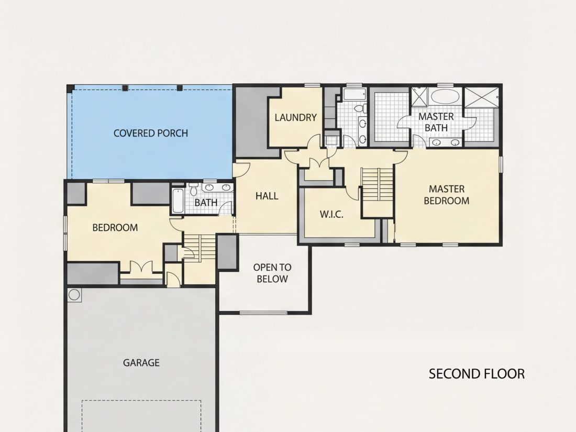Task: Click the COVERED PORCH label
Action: coord(151,133)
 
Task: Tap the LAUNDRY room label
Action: coord(296,117)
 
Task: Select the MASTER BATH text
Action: coord(436,122)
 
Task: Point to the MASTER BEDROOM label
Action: coord(447,195)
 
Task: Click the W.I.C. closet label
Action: coord(331,214)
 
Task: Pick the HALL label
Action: coord(267,196)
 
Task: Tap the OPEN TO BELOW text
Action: coord(272,273)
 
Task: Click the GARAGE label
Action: coord(141,362)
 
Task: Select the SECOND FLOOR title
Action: coord(477,374)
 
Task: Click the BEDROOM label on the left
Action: coord(115,228)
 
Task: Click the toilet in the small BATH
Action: coord(194,190)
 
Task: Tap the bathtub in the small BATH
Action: coord(178,201)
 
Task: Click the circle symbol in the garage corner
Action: coord(74,295)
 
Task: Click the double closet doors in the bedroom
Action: coord(141,267)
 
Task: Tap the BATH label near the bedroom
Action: coord(206,203)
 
